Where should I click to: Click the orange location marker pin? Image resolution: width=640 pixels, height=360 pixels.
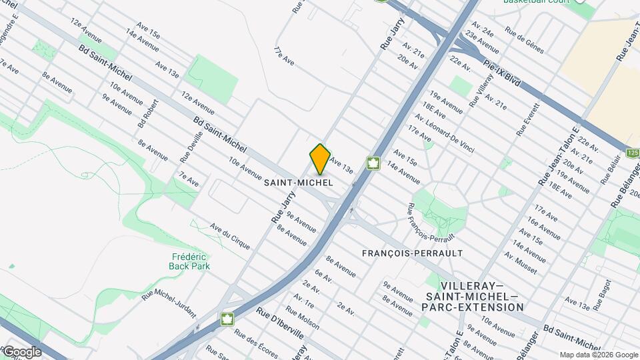(x=320, y=159)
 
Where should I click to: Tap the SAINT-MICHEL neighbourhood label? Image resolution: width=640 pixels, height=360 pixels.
(x=298, y=182)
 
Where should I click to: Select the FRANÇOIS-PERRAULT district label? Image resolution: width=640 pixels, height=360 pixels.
(x=412, y=253)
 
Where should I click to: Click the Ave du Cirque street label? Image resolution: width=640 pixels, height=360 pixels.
(x=230, y=236)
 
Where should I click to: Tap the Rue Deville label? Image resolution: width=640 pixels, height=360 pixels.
(x=189, y=147)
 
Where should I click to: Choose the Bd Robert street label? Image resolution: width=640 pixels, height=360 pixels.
(x=149, y=113)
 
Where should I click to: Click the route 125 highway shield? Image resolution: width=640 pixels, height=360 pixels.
(x=633, y=153)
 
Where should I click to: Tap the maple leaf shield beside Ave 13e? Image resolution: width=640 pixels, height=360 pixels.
(x=373, y=163)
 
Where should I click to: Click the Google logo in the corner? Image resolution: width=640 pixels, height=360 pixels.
(x=21, y=352)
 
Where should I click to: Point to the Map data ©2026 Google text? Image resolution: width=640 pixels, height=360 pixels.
(x=598, y=355)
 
